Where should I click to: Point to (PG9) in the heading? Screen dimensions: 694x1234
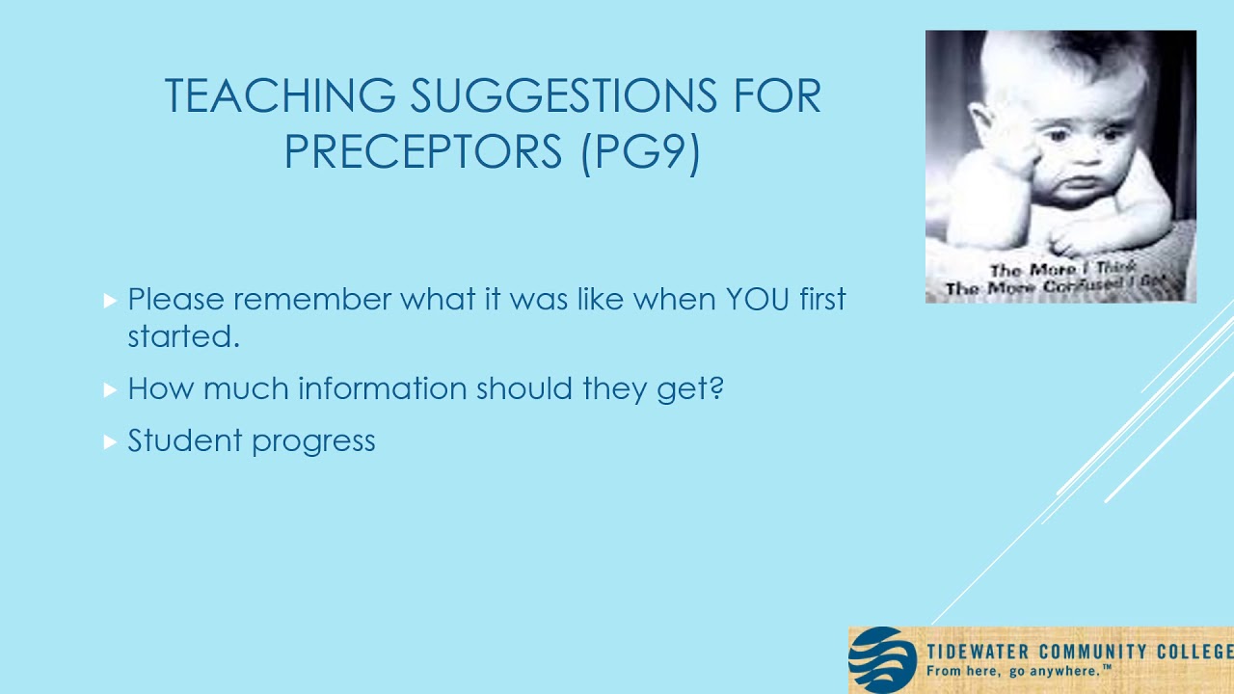click(x=640, y=152)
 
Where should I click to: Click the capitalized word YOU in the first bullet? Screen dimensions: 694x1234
click(x=758, y=299)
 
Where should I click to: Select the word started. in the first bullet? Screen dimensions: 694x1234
click(x=183, y=336)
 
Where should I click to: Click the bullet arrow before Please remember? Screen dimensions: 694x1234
click(x=110, y=301)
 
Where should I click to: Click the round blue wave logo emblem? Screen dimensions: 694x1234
click(x=882, y=660)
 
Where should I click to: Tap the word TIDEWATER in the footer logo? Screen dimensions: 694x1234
click(x=978, y=653)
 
